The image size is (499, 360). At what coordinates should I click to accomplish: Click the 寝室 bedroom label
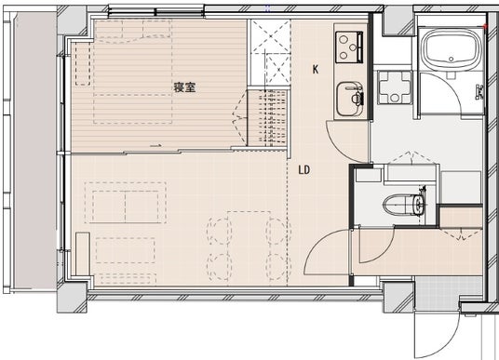[x=184, y=87]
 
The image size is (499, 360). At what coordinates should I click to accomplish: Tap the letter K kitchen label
[x=316, y=70]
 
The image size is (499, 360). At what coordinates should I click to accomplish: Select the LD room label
[x=304, y=170]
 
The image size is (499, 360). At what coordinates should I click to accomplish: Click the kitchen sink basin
[x=349, y=100]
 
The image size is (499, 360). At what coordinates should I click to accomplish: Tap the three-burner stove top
[x=349, y=47]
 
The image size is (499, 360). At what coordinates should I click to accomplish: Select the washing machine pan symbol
[x=395, y=87]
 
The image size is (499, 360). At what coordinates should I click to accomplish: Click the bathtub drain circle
[x=451, y=59]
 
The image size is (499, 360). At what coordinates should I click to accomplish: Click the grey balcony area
[x=34, y=151]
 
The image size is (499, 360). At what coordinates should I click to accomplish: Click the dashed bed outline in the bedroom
[x=133, y=73]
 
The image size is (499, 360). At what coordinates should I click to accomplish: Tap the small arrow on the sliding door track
[x=155, y=146]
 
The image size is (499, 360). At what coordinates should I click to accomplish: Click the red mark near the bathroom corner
[x=485, y=26]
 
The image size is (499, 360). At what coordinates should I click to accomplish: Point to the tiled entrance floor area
[x=449, y=288]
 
